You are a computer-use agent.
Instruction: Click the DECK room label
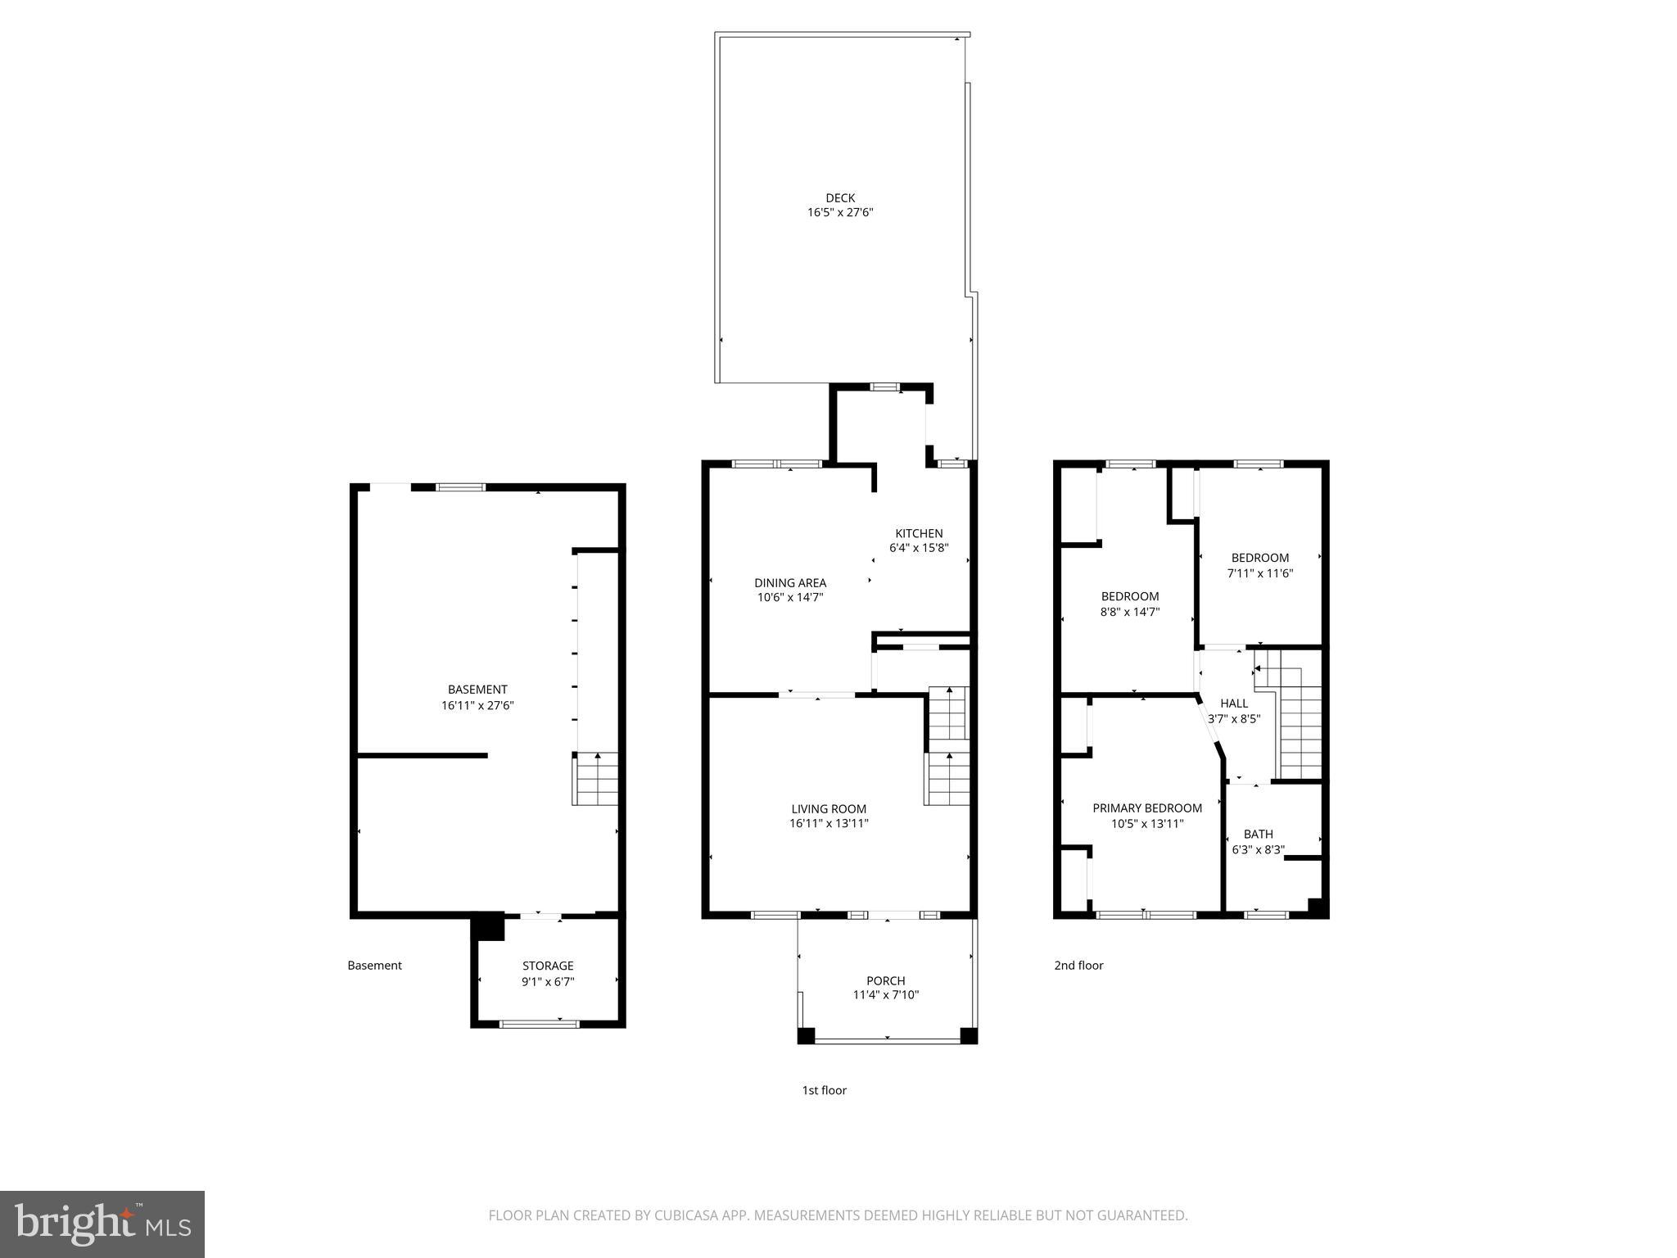tap(840, 197)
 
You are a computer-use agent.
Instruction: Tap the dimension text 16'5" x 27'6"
tap(840, 212)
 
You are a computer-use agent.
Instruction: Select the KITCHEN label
tap(919, 533)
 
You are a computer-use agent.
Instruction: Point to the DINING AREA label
tap(790, 582)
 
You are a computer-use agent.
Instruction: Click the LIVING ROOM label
tap(829, 808)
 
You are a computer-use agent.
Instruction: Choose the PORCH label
tap(886, 980)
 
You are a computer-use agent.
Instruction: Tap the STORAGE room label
tap(548, 966)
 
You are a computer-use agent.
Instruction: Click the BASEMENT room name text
tap(477, 690)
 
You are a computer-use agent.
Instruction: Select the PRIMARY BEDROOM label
tap(1147, 808)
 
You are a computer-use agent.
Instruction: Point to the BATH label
tap(1259, 834)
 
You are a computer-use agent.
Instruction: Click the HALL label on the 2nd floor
tap(1234, 703)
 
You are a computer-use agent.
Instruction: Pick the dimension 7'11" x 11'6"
tap(1260, 573)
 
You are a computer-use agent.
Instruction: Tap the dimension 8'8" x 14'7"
tap(1130, 611)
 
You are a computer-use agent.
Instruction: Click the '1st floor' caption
tap(824, 1090)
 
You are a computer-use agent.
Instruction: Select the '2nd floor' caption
tap(1078, 965)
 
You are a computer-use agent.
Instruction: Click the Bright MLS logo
tap(102, 1224)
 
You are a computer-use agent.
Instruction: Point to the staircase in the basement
tap(595, 779)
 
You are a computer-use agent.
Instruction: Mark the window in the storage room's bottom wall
tap(539, 1023)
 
